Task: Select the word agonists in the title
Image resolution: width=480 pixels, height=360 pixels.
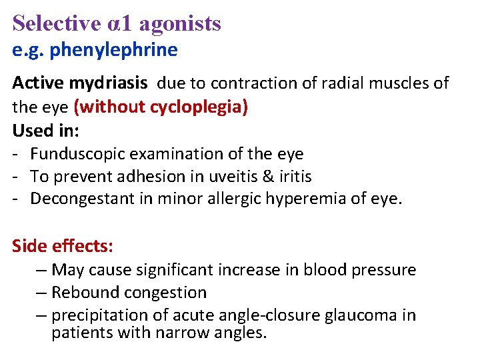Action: pos(182,24)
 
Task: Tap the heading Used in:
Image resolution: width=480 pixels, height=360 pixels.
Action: pos(46,130)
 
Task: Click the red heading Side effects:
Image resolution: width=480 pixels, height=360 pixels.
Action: pos(63,246)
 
